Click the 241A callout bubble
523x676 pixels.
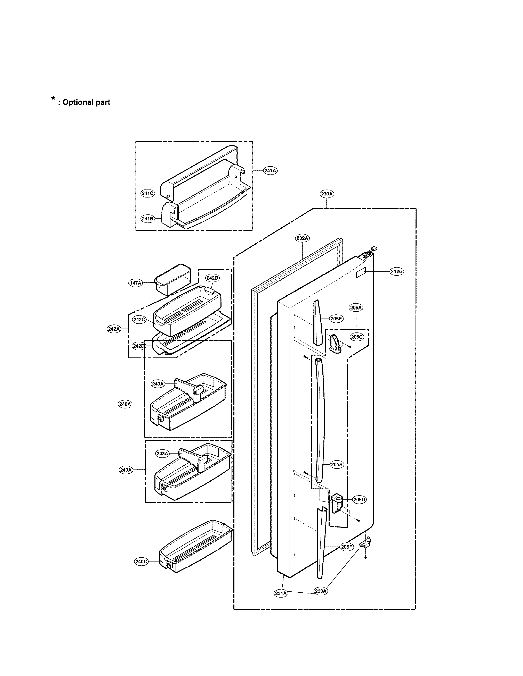point(270,171)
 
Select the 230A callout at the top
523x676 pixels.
point(327,194)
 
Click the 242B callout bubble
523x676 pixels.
point(212,278)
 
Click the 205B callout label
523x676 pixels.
point(337,473)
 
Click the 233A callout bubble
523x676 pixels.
point(321,591)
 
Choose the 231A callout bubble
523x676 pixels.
point(281,593)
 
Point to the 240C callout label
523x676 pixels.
point(141,561)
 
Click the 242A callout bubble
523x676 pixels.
point(114,329)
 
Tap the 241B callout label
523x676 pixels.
point(147,219)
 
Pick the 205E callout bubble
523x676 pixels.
point(336,319)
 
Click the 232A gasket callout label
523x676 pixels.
point(302,238)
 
